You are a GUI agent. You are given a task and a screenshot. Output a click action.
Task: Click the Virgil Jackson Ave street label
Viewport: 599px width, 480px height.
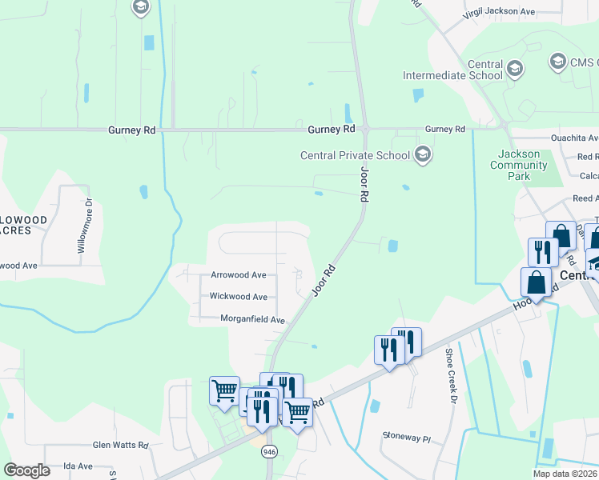pos(500,13)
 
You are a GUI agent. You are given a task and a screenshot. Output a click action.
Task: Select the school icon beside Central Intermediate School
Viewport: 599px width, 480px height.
pos(514,69)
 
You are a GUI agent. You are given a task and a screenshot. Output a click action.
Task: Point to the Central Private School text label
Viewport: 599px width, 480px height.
pos(355,155)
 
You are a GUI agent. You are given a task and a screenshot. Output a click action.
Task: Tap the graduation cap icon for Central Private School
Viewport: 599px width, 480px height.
pos(423,154)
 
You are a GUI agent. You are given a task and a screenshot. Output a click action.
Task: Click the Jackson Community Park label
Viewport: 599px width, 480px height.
pos(522,165)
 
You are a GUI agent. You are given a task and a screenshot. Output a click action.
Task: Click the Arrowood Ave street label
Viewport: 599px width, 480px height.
pos(238,274)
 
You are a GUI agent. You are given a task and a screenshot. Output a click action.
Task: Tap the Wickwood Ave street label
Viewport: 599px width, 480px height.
pos(238,296)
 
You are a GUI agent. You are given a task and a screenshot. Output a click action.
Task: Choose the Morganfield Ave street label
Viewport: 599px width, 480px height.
pos(252,319)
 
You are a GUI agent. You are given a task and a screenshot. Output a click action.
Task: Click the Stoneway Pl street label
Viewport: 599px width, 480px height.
pos(406,438)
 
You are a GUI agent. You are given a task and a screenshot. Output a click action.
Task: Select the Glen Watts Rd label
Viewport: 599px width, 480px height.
pos(121,445)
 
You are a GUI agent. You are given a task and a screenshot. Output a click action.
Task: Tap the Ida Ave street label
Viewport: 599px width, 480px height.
pos(78,466)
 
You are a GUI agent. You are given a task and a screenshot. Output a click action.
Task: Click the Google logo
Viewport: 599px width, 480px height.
pos(27,470)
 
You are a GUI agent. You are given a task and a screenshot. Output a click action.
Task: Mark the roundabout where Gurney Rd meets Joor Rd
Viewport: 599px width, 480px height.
pos(364,128)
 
